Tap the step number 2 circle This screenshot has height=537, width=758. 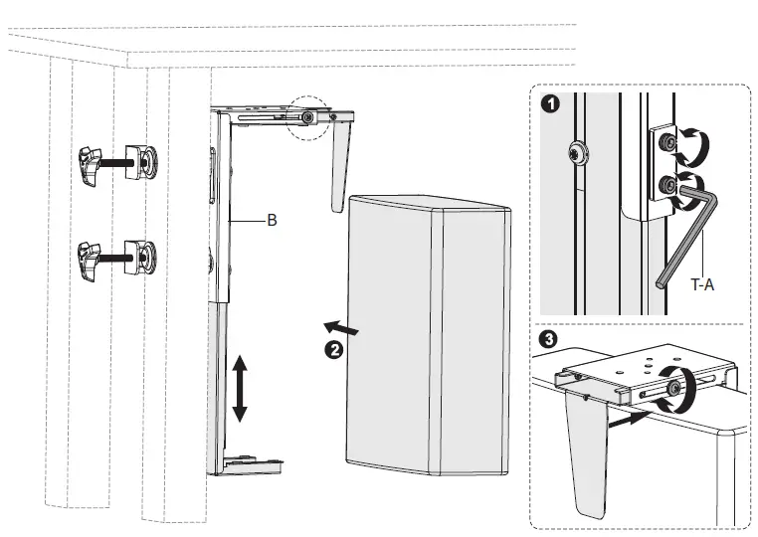(335, 349)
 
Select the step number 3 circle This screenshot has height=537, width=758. (546, 339)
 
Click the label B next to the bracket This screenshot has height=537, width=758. (272, 222)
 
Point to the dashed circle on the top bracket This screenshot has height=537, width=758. (309, 117)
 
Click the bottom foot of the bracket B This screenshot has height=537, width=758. (253, 463)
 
